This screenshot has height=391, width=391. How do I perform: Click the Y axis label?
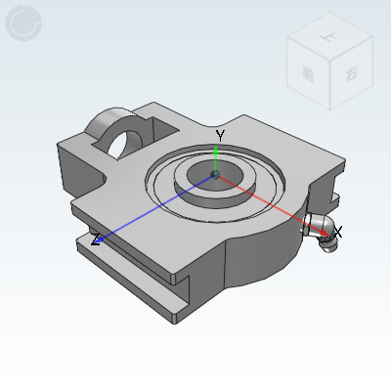click(x=221, y=135)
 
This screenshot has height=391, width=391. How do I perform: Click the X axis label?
click(x=337, y=231)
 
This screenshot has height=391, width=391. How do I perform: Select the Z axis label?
click(x=96, y=239)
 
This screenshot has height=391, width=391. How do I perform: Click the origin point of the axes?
click(x=216, y=175)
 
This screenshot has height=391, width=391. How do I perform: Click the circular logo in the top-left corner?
click(x=23, y=23)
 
